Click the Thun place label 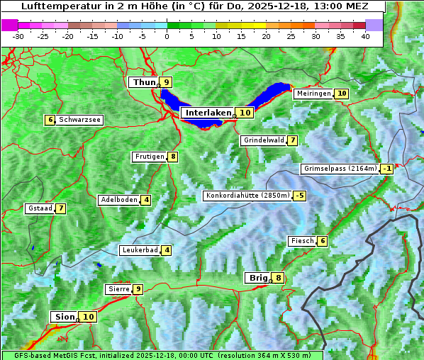(143, 83)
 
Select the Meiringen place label (313, 94)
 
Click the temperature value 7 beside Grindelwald (292, 140)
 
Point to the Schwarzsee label (79, 120)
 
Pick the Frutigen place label (149, 157)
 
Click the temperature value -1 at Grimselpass (386, 169)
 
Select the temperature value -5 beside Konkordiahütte (300, 196)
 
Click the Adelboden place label (118, 200)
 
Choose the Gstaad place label (40, 208)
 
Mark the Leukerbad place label (139, 250)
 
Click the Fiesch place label (301, 241)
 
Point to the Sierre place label (118, 289)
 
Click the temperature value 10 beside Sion (88, 317)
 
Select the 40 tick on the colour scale (365, 36)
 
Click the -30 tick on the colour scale (18, 36)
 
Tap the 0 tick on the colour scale (167, 36)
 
